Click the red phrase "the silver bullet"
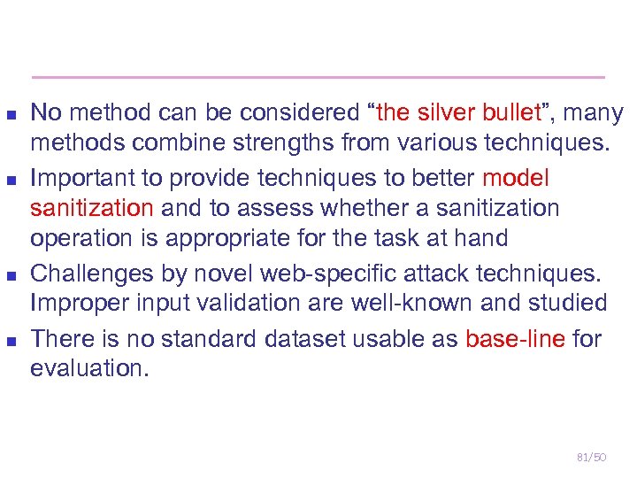pyautogui.click(x=458, y=113)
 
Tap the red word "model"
pyautogui.click(x=516, y=179)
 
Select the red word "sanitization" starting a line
pyautogui.click(x=92, y=209)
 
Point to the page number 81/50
pyautogui.click(x=591, y=457)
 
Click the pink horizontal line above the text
pyautogui.click(x=318, y=77)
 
